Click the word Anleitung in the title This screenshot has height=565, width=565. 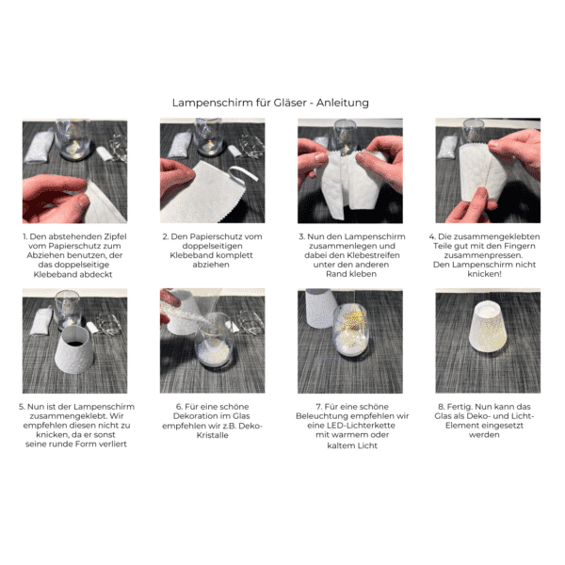pos(343,103)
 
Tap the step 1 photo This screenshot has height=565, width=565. pos(75,170)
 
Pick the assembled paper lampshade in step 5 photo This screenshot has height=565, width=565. pos(74,350)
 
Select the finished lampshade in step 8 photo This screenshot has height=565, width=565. pos(488,327)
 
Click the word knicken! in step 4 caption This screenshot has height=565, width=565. pos(484,274)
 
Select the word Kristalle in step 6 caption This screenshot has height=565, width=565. pos(213,435)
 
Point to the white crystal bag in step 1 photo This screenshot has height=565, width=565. pos(39,148)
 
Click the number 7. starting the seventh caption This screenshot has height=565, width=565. pos(319,407)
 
